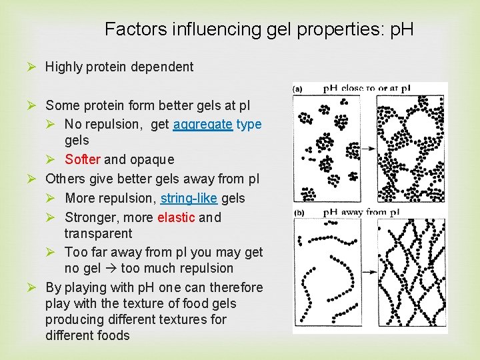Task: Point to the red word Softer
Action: tap(83, 159)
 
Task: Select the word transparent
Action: tap(98, 233)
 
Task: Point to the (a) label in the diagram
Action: tap(299, 88)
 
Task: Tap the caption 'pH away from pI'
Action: tap(361, 213)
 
